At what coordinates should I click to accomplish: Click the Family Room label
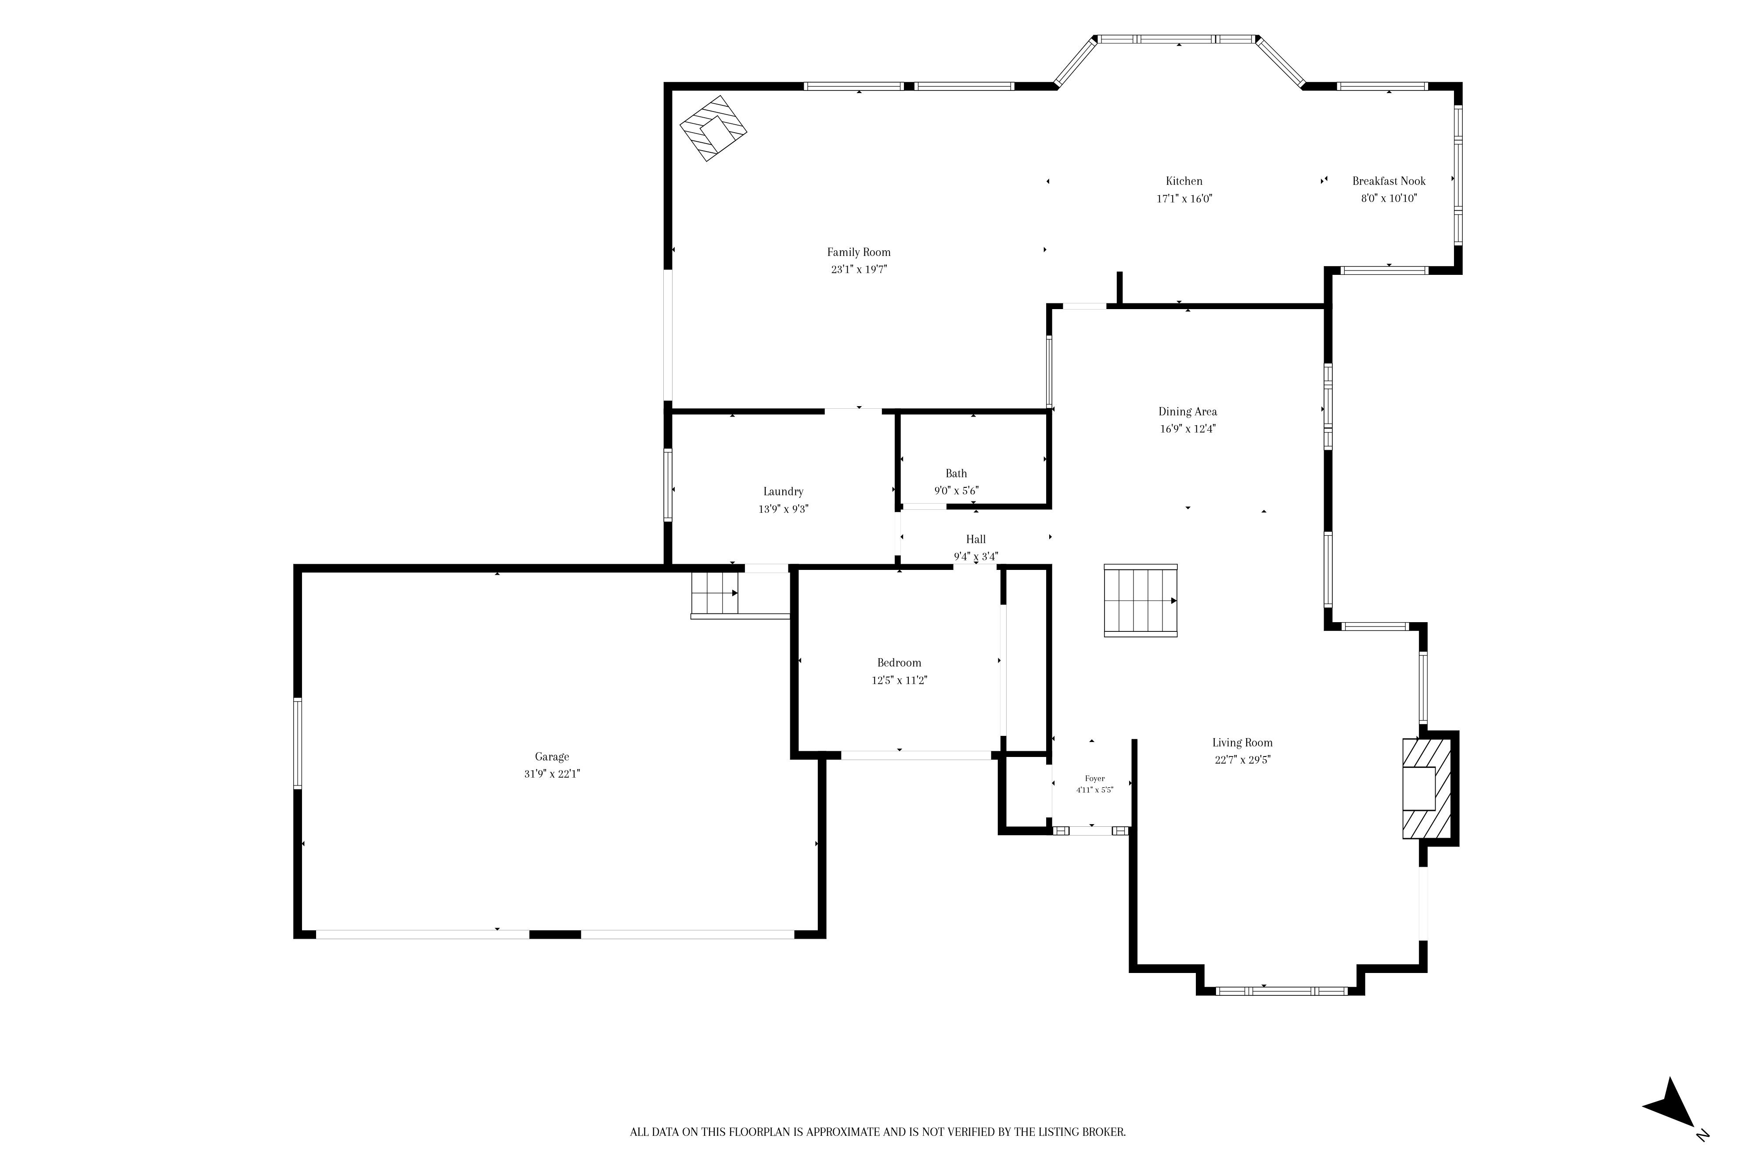pos(859,252)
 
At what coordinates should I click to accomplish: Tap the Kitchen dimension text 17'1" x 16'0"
pos(1184,198)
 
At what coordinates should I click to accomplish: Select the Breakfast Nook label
pos(1389,181)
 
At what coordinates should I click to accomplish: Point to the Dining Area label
pos(1187,411)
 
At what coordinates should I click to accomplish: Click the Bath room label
pos(957,473)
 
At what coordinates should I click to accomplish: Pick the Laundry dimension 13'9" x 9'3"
pos(783,509)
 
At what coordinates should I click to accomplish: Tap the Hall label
pos(976,539)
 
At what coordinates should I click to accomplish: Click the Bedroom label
pos(899,663)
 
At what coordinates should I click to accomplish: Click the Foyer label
pos(1094,778)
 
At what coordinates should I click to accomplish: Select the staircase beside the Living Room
pos(1140,601)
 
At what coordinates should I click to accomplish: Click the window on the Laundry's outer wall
pos(668,485)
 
